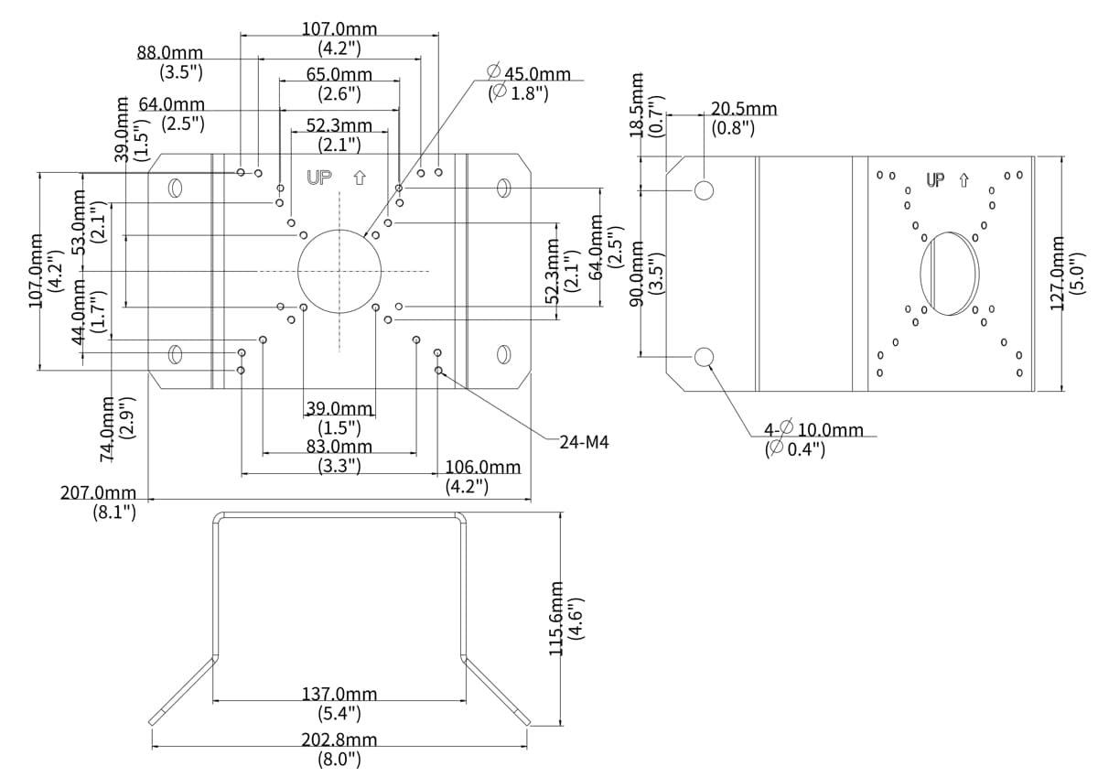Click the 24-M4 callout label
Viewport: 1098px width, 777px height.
click(x=585, y=442)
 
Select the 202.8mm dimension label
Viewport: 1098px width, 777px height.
click(x=339, y=739)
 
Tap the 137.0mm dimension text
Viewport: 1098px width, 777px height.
click(x=339, y=695)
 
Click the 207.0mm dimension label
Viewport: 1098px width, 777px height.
click(x=98, y=493)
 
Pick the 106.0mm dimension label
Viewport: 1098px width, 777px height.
click(x=482, y=468)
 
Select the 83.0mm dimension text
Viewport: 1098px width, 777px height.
click(x=339, y=447)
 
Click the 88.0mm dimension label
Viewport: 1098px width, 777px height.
click(x=170, y=53)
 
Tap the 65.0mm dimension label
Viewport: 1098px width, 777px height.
click(x=339, y=74)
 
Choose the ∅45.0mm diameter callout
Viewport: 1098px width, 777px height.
click(x=530, y=74)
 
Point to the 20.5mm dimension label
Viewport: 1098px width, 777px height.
click(x=744, y=109)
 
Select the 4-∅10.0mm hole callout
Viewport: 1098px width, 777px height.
click(x=813, y=430)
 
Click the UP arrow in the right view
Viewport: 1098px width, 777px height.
click(x=963, y=180)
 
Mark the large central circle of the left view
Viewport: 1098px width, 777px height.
click(x=339, y=271)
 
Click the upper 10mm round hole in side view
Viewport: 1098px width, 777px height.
click(x=705, y=189)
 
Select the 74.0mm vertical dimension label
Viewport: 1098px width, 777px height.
click(x=108, y=426)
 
